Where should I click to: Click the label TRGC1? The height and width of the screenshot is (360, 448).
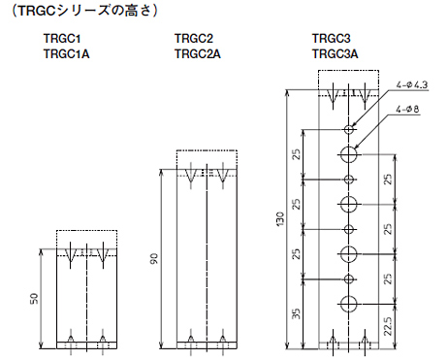pyautogui.click(x=62, y=40)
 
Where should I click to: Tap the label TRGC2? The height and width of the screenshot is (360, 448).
pyautogui.click(x=193, y=40)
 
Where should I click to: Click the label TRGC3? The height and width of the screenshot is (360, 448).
pyautogui.click(x=331, y=40)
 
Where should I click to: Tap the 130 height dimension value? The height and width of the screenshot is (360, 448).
pyautogui.click(x=279, y=221)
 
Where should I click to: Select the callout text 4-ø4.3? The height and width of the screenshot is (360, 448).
pyautogui.click(x=412, y=86)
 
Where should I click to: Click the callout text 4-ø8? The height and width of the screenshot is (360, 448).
pyautogui.click(x=406, y=110)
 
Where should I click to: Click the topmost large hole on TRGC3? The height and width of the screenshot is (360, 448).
pyautogui.click(x=348, y=154)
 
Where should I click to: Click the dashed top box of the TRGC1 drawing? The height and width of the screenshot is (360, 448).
pyautogui.click(x=86, y=240)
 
